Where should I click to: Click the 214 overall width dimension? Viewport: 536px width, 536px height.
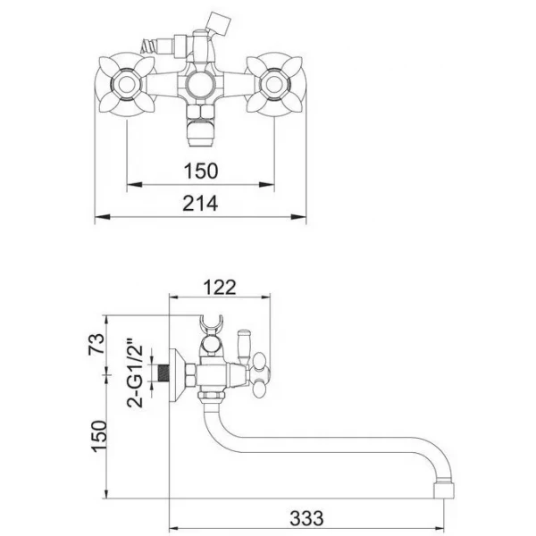click(200, 204)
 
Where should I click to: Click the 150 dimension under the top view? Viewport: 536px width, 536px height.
click(201, 171)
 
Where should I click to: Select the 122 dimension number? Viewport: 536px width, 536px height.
click(220, 287)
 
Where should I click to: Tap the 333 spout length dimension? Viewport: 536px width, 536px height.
click(306, 518)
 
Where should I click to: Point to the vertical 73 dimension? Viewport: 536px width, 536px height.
click(96, 344)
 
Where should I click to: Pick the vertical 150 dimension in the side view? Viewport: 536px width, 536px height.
click(99, 436)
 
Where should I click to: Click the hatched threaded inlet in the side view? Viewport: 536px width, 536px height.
click(163, 373)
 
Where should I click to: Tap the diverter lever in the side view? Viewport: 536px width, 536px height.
click(243, 346)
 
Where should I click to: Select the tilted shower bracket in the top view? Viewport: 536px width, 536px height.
click(219, 24)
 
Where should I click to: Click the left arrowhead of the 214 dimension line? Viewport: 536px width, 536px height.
click(103, 217)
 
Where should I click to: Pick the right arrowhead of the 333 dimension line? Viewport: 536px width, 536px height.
click(436, 528)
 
